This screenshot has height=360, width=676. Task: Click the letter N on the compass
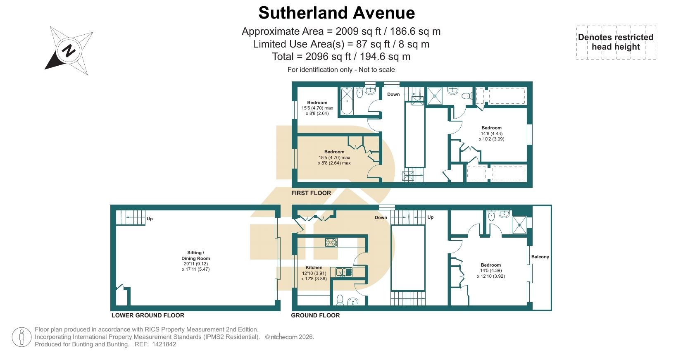point(68,50)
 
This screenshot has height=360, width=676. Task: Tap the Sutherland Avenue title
point(336,13)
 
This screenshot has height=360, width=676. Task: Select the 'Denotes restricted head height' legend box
point(616,42)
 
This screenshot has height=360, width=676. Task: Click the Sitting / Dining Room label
point(195,255)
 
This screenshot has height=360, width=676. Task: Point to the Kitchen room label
point(314,267)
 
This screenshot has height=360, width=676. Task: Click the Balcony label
point(540,257)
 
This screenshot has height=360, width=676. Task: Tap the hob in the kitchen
point(331,242)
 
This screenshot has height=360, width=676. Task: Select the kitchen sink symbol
point(344,272)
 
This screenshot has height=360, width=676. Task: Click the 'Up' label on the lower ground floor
point(150,219)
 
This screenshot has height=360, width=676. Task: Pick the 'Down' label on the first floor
point(393,94)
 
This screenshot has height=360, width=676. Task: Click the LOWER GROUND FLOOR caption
point(148,315)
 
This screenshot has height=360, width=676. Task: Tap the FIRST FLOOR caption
point(311,193)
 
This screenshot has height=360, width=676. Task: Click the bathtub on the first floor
point(347,101)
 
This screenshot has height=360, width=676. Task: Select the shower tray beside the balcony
point(519,225)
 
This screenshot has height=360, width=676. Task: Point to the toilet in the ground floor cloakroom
point(340,300)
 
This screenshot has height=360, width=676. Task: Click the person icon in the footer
point(22,337)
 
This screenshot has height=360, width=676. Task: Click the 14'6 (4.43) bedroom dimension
point(492,134)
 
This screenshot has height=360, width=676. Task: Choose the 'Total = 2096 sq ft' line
point(341,57)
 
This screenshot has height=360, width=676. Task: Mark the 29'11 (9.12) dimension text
point(195,264)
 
